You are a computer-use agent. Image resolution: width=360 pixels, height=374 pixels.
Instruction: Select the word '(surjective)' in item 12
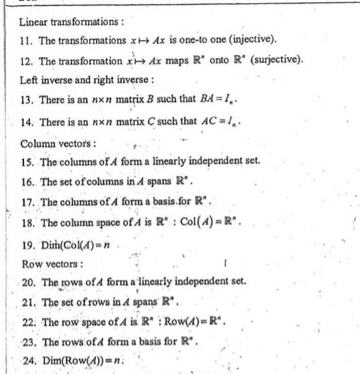point(276,61)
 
